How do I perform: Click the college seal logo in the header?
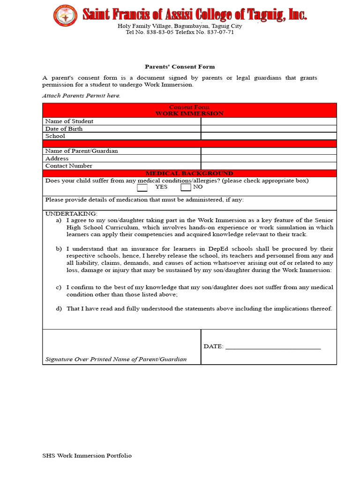pos(66,15)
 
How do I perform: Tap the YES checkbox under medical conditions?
pos(142,187)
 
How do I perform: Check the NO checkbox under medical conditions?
pos(186,187)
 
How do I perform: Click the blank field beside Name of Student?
pos(269,121)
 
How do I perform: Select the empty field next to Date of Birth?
pos(269,129)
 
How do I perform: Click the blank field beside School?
pos(269,136)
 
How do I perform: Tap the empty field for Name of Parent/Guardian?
pos(269,151)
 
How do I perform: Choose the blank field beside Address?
pos(269,158)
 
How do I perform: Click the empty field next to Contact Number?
pos(269,166)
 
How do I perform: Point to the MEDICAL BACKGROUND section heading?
pos(189,173)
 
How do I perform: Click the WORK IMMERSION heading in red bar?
pos(189,113)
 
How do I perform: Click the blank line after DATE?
pos(273,347)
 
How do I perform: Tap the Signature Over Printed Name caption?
pos(116,360)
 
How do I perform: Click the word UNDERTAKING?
pos(71,213)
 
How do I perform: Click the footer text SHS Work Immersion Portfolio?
pos(87,456)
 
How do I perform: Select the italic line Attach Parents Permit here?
pos(81,96)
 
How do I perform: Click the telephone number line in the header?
pos(180,32)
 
